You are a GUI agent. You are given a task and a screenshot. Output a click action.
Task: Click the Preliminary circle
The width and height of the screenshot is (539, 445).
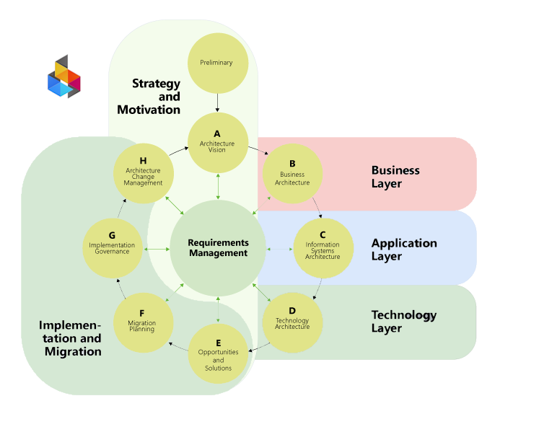[x=217, y=63]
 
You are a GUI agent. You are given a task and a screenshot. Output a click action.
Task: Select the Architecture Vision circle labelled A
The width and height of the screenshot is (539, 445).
[x=217, y=142]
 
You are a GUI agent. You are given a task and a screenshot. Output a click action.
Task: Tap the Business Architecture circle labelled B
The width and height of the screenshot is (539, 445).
[x=292, y=174]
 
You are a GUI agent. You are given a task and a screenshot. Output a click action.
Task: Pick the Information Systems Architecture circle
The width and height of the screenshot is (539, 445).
[x=323, y=248]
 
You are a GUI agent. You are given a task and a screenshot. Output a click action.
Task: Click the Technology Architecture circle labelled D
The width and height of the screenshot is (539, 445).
[x=292, y=322]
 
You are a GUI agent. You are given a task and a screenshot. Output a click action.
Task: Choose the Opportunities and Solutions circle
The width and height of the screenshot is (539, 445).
[x=218, y=354]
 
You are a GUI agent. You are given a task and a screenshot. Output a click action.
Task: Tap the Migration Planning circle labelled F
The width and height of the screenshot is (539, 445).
[x=143, y=322]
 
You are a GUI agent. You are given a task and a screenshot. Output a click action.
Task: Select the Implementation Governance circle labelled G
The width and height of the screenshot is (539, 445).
[x=112, y=248]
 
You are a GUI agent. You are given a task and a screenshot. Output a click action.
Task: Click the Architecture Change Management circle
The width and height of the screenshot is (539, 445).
[x=143, y=174]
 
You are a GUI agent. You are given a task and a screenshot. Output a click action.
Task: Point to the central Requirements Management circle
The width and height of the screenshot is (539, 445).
[x=218, y=248]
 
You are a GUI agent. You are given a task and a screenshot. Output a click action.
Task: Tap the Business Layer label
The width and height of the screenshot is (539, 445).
[x=395, y=177]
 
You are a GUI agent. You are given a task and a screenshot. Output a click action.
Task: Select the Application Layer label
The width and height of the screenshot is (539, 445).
[x=404, y=250]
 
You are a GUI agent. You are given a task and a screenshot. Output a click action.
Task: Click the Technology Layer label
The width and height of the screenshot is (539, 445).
[x=404, y=322]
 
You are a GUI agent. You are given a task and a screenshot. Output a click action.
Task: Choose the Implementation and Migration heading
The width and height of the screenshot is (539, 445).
[x=71, y=338]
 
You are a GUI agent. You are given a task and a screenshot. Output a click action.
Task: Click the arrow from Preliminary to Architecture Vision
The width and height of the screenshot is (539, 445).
[x=217, y=102]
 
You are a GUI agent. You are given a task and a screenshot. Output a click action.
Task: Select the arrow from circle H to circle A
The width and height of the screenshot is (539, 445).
[x=178, y=151]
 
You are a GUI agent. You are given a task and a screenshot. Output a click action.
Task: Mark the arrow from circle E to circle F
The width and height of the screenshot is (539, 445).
[x=180, y=346]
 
